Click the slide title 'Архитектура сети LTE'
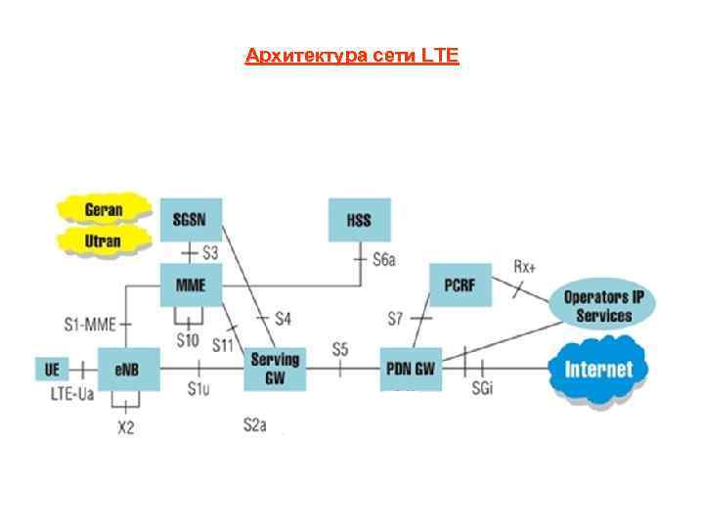coord(352,56)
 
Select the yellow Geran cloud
coord(103,208)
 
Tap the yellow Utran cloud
coord(103,240)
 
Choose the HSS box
coord(359,219)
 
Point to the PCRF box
coord(460,283)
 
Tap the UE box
coord(52,369)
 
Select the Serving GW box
coord(275,368)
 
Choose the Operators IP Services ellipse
coord(603,306)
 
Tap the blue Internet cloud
coord(598,371)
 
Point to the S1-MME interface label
coord(90,322)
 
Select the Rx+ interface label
coord(526,266)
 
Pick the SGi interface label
coord(483,391)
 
